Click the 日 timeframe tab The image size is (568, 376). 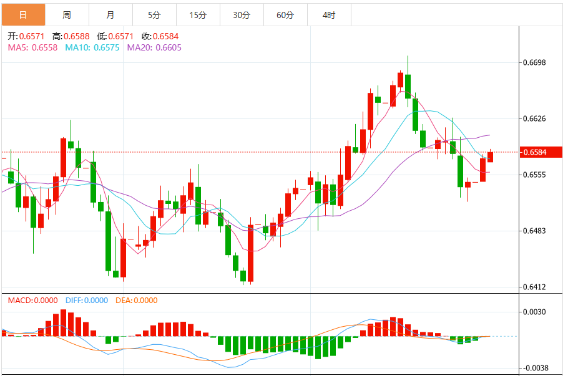tap(23, 15)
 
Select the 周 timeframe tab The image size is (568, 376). tap(67, 15)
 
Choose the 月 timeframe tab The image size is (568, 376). tap(110, 15)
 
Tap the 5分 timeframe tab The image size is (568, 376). tap(154, 15)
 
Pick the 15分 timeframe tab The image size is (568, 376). tap(198, 15)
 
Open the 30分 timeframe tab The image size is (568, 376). tap(242, 15)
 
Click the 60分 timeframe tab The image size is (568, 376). tap(285, 15)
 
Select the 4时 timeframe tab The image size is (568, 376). tap(329, 15)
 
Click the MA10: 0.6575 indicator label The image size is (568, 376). tap(92, 47)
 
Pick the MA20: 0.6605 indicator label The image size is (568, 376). tap(154, 47)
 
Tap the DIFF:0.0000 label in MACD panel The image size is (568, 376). tap(87, 301)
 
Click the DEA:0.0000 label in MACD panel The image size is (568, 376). tap(137, 301)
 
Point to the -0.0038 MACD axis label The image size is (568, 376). tap(536, 368)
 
